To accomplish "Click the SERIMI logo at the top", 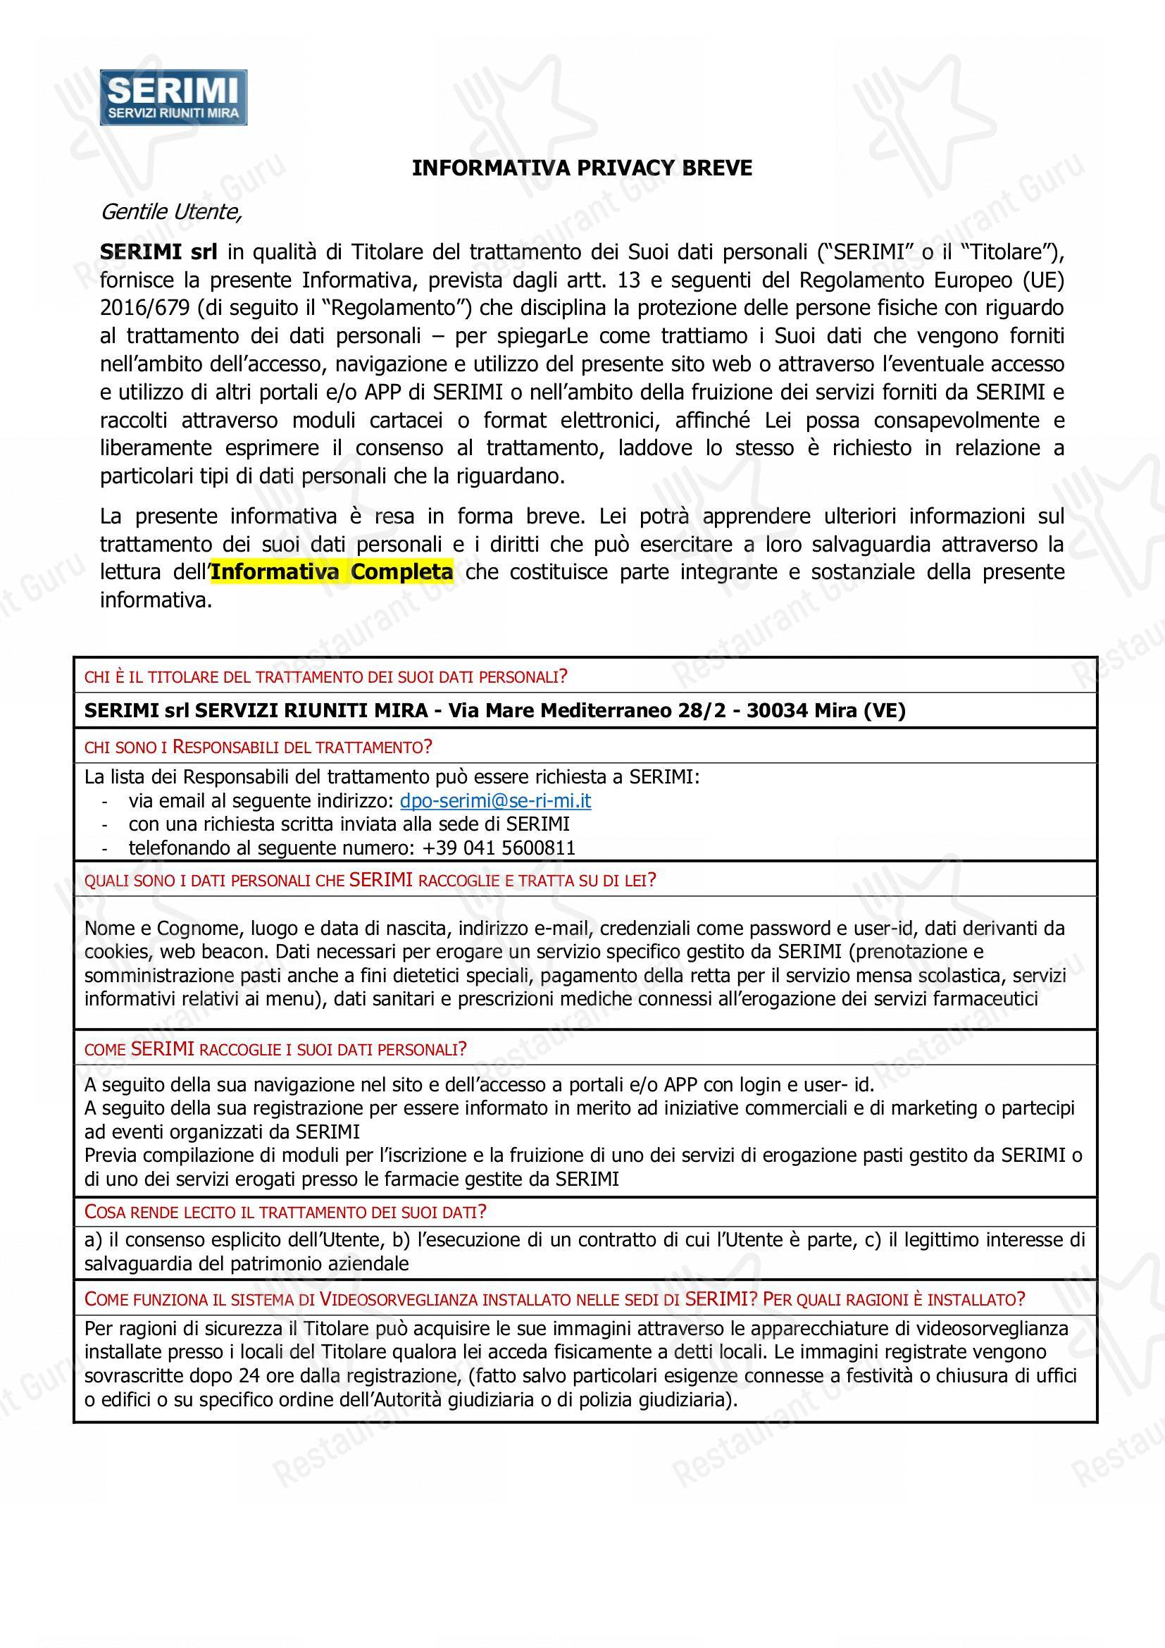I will point(173,98).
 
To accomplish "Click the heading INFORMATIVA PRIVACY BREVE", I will point(582,168).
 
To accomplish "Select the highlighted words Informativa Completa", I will point(332,572).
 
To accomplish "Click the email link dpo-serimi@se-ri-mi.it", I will point(495,801).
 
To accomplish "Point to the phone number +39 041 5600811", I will point(499,848).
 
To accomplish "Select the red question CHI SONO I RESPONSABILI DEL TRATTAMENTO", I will point(258,747).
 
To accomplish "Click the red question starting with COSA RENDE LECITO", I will point(285,1213).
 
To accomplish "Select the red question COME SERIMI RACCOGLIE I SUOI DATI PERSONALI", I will point(275,1049).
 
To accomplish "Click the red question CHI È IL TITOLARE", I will point(326,676).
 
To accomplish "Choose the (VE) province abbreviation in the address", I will point(885,711).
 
